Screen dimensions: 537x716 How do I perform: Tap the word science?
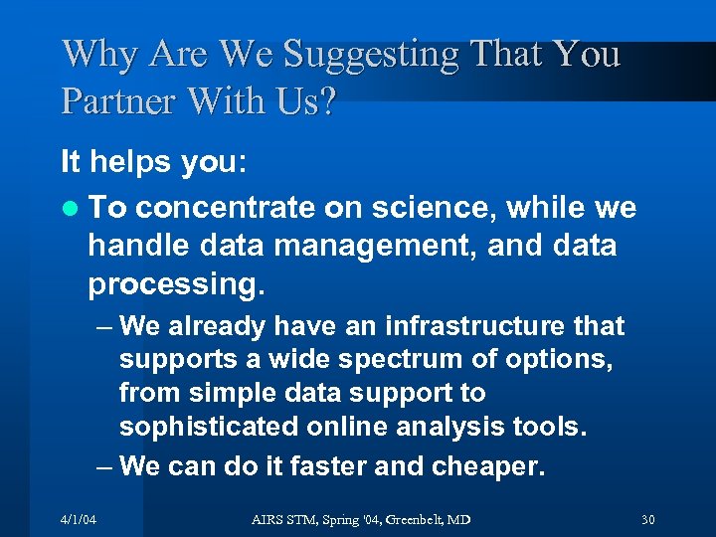coord(434,207)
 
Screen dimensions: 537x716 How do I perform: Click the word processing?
coord(176,284)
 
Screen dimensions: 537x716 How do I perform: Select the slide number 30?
coord(648,519)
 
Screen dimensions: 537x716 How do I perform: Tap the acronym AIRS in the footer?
coord(266,519)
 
